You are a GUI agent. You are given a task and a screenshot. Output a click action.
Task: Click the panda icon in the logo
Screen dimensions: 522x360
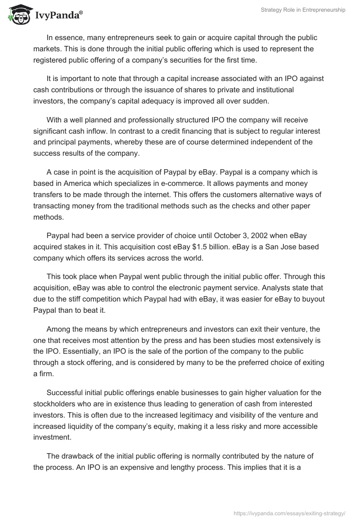pos(18,15)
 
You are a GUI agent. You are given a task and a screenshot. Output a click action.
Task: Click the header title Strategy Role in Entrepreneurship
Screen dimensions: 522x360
pos(303,10)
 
